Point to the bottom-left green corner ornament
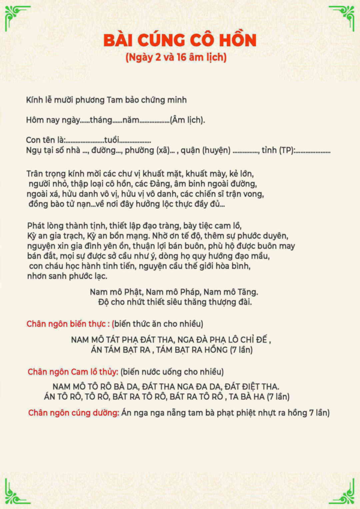pos(17,492)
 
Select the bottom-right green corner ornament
pos(343,492)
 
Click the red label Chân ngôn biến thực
pos(68,324)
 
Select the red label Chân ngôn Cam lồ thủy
pos(73,372)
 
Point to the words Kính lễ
pos(40,99)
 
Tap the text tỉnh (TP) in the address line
pos(278,150)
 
